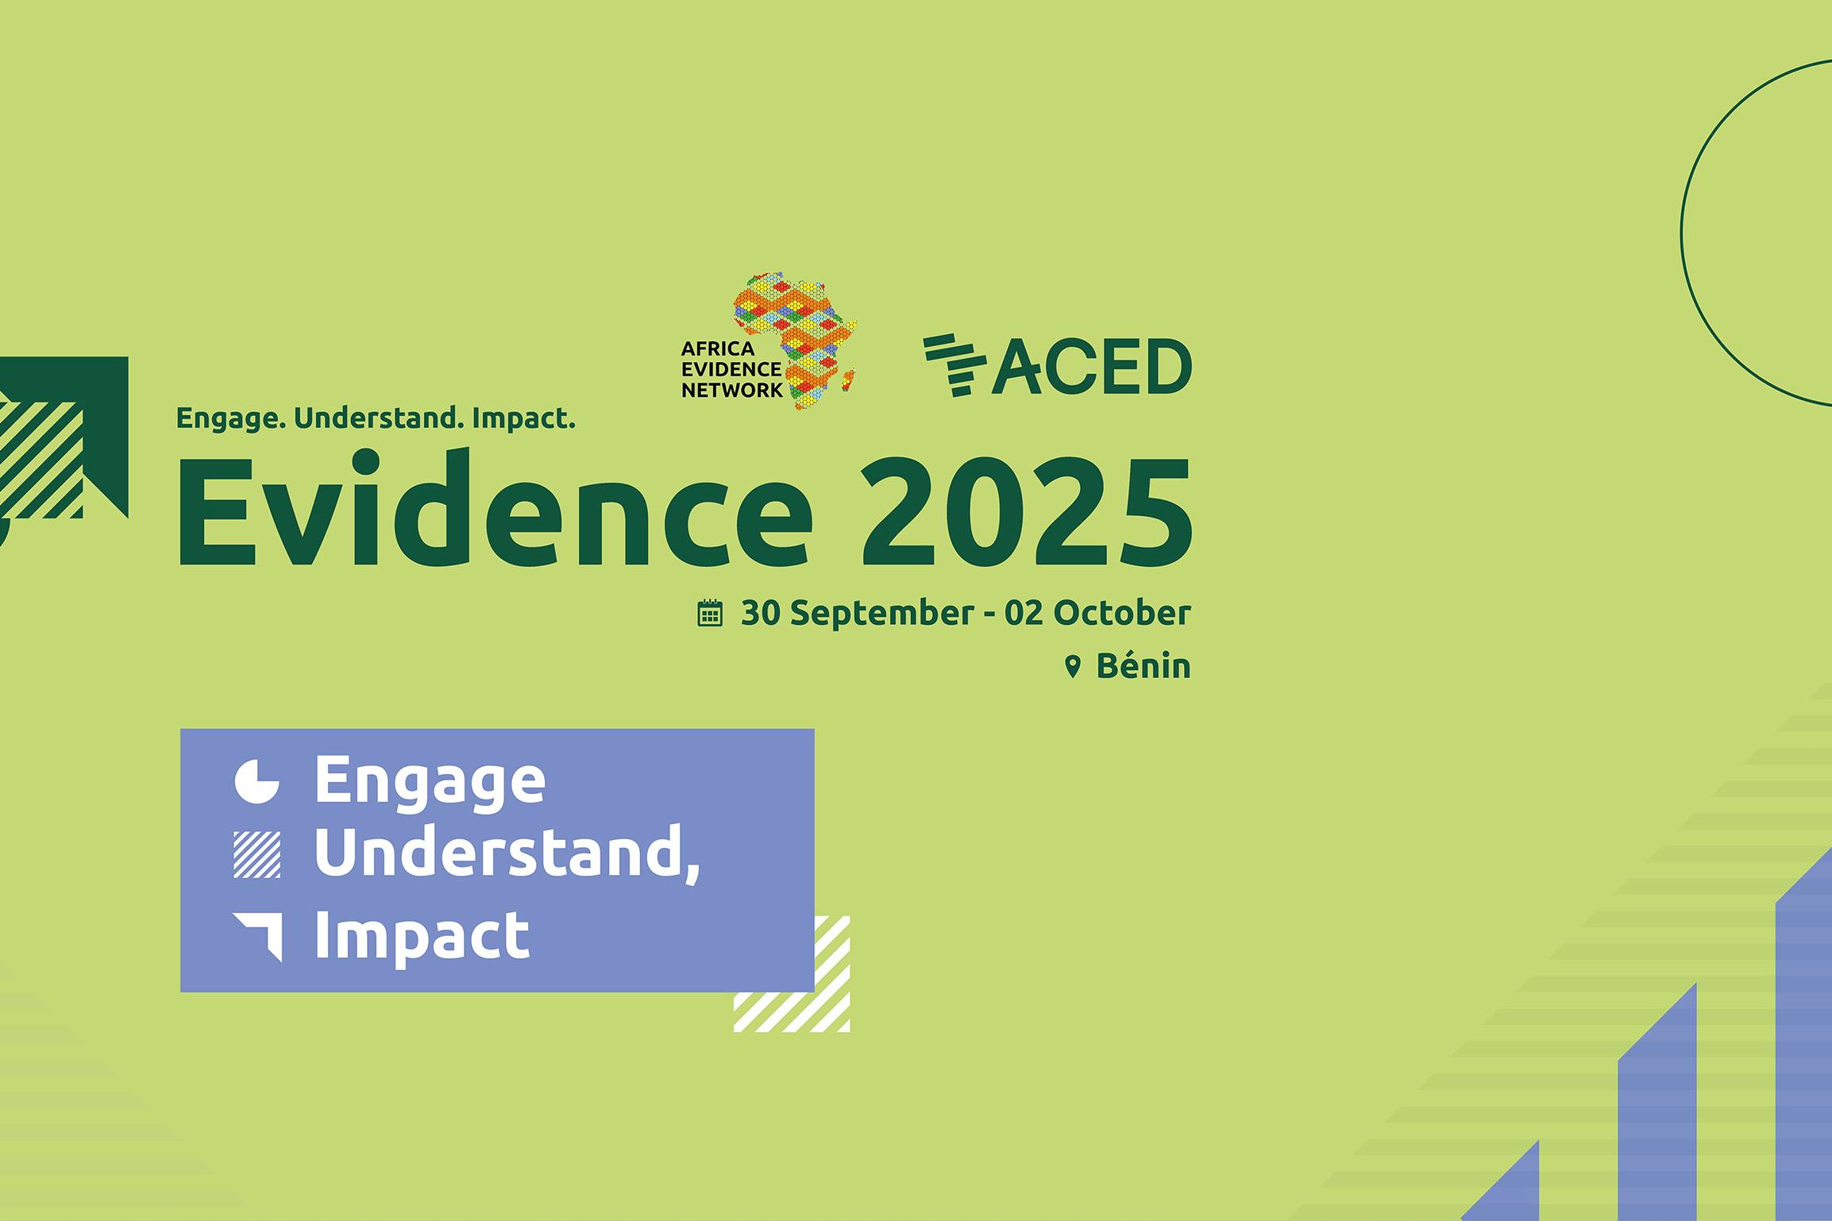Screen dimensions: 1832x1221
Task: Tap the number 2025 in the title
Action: click(1027, 513)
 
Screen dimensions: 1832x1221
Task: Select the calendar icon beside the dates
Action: click(710, 613)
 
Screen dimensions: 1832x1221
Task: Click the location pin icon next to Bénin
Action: click(1073, 667)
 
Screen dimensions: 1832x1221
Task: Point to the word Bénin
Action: click(1144, 665)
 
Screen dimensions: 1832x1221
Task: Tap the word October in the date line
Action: click(1122, 613)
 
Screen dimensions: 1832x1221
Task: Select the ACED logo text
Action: click(1092, 366)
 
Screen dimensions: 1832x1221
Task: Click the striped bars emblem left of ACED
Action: click(954, 364)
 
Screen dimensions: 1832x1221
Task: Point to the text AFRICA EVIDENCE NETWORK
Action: click(731, 369)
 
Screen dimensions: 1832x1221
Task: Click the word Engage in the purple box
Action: click(430, 782)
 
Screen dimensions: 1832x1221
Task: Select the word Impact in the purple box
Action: click(422, 937)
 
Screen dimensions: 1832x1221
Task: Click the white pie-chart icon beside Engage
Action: click(257, 782)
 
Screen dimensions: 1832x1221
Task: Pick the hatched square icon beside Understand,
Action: click(257, 854)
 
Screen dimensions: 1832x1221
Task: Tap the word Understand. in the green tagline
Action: click(379, 418)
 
